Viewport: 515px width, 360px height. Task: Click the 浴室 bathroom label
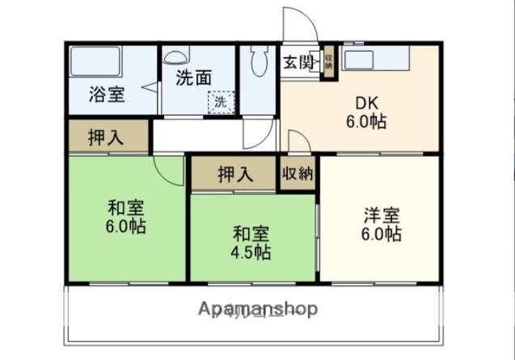[x=107, y=94]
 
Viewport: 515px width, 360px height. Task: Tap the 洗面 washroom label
[x=194, y=78]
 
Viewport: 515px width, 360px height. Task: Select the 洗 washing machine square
[x=220, y=103]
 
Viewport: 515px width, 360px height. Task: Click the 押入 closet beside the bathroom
[x=106, y=136]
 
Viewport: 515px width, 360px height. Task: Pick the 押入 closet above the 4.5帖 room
[x=234, y=173]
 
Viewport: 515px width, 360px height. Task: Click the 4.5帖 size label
[x=251, y=252]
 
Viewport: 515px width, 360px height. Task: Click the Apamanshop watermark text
[x=257, y=308]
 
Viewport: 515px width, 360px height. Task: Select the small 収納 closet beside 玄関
[x=329, y=63]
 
